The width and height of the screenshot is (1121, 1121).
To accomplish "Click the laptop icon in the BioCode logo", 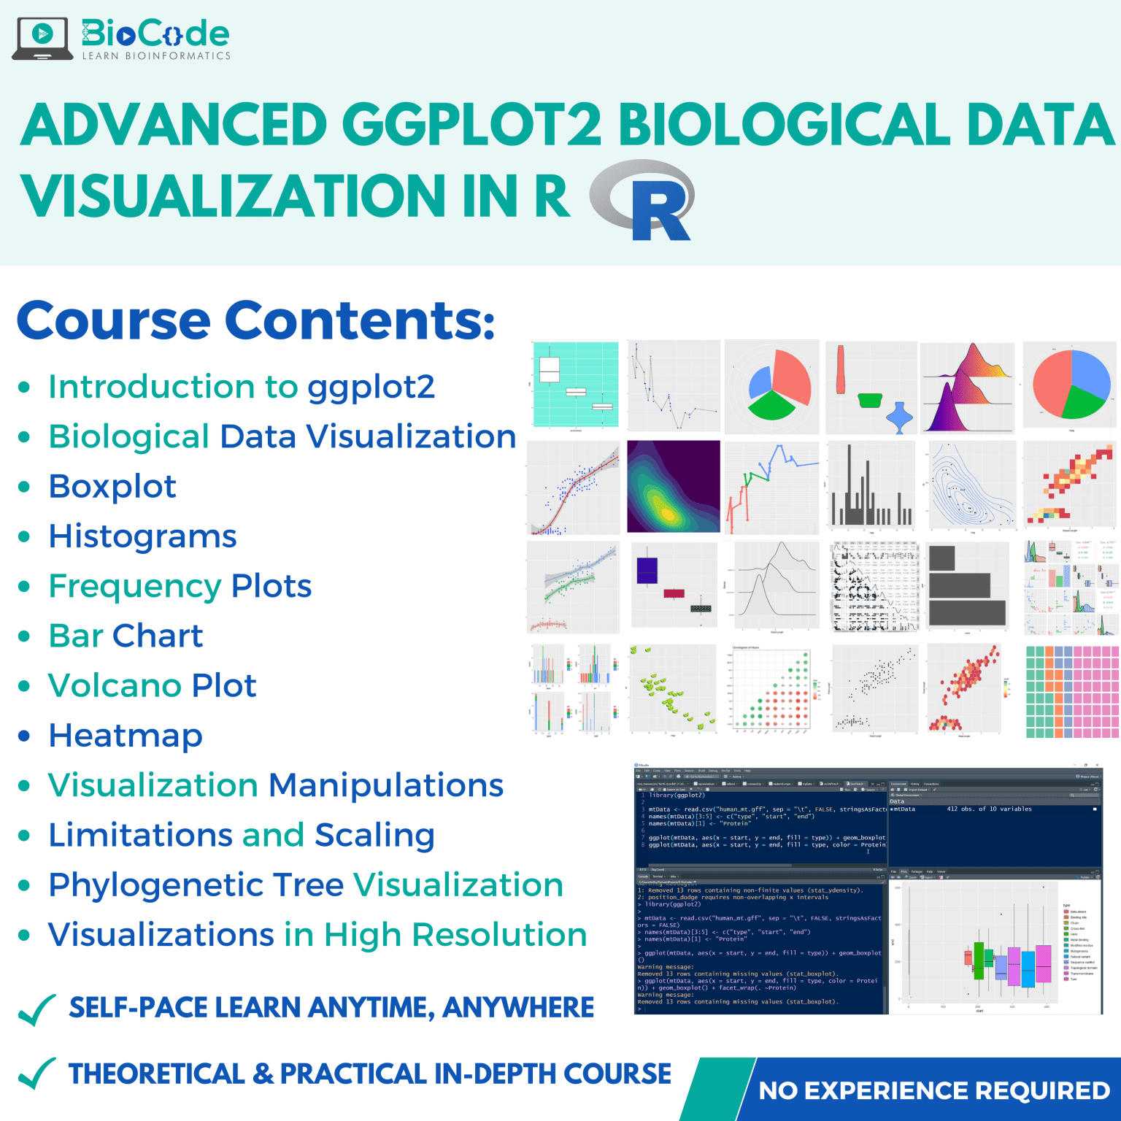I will [42, 38].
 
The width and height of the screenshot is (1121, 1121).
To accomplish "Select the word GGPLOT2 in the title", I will [471, 124].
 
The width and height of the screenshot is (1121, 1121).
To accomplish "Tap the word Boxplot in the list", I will [112, 487].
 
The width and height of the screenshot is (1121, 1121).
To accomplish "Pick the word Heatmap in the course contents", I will [126, 736].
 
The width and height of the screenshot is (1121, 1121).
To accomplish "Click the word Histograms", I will [142, 536].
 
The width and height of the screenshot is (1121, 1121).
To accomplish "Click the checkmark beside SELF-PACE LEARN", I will [36, 1010].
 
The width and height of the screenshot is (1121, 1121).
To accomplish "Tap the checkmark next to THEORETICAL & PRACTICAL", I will [36, 1074].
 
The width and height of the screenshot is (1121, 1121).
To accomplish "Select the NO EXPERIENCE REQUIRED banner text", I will [934, 1090].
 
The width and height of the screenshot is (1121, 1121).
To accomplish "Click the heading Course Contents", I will [255, 321].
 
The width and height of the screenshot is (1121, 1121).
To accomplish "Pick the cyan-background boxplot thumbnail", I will [575, 385].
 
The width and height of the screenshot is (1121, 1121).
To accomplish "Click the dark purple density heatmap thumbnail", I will [673, 486].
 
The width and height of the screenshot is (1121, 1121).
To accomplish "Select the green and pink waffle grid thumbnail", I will [1071, 691].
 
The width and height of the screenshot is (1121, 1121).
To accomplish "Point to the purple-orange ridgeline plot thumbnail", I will [967, 387].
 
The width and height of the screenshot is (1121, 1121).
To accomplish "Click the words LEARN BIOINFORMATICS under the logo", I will [156, 56].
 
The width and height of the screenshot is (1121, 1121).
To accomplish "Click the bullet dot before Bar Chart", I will [24, 636].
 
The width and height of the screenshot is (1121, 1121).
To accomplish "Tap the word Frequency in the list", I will [134, 587].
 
